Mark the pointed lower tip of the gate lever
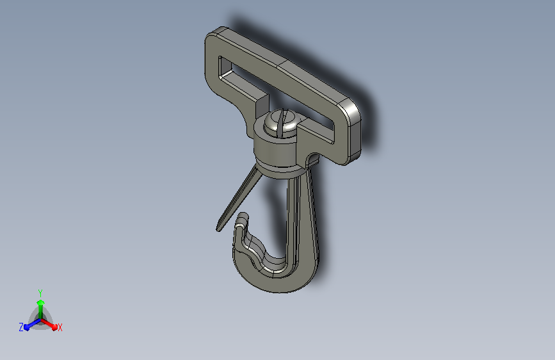pyautogui.click(x=218, y=230)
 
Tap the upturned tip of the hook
pyautogui.click(x=243, y=217)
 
